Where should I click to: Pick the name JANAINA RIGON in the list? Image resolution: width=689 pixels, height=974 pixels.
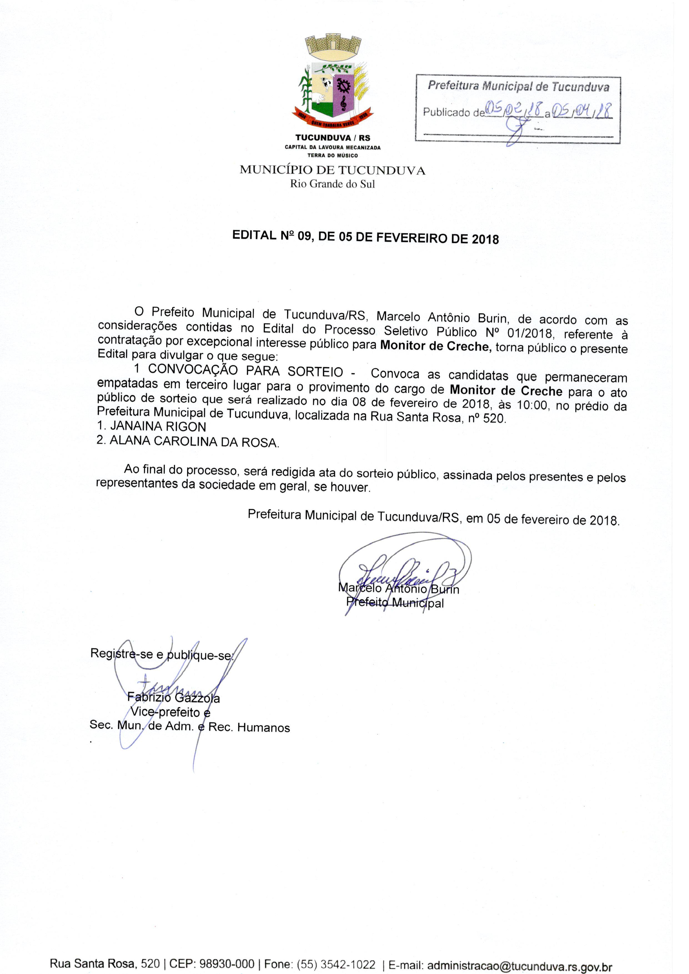pyautogui.click(x=152, y=426)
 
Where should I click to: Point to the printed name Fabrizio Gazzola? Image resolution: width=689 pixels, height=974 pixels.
pyautogui.click(x=174, y=697)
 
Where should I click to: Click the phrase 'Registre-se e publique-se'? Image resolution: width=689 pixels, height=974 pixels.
pyautogui.click(x=161, y=655)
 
